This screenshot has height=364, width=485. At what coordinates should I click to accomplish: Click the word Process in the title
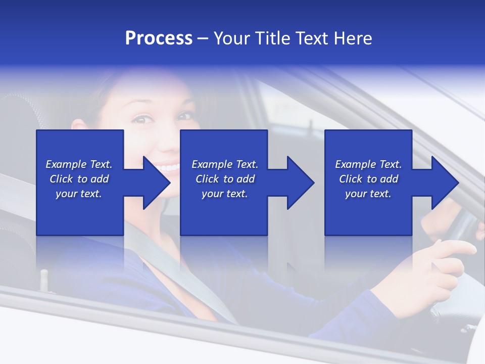click(x=159, y=38)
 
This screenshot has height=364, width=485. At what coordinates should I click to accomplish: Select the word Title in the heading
click(x=271, y=38)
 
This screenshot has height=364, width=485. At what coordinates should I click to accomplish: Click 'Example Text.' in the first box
click(x=79, y=164)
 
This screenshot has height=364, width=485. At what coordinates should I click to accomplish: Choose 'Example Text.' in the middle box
click(x=225, y=164)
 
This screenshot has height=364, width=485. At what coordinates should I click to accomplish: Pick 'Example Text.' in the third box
click(x=368, y=164)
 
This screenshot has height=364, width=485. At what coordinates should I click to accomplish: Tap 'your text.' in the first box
click(x=79, y=194)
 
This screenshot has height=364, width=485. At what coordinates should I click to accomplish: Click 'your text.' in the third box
click(x=368, y=194)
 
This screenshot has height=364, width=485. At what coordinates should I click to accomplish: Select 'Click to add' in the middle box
click(x=225, y=179)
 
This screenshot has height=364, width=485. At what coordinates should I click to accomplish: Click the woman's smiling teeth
click(x=169, y=167)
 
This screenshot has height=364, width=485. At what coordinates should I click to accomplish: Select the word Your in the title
click(x=232, y=38)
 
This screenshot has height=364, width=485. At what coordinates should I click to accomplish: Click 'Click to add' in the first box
click(x=79, y=179)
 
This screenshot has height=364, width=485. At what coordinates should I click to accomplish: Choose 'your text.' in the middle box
click(x=225, y=194)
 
